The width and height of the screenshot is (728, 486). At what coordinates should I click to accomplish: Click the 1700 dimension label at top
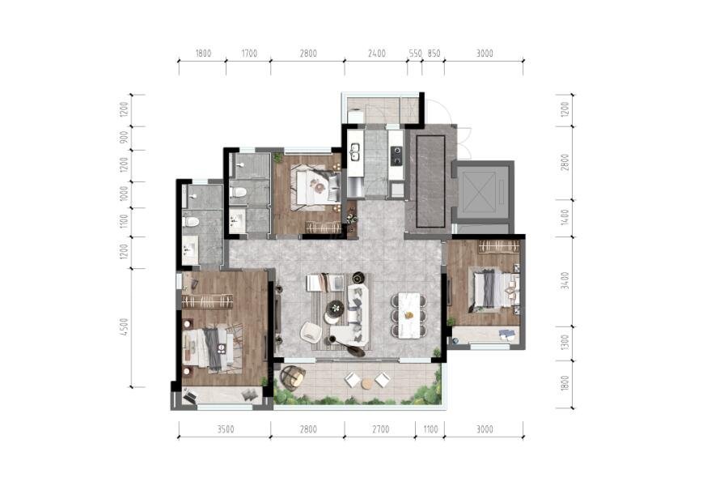[x=249, y=53]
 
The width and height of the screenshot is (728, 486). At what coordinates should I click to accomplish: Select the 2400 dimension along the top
[x=376, y=53]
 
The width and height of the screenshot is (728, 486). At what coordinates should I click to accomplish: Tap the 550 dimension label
[x=416, y=53]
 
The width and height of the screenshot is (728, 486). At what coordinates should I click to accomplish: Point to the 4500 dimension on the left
[x=124, y=327]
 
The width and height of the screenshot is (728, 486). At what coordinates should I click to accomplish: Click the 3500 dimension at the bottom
[x=226, y=429]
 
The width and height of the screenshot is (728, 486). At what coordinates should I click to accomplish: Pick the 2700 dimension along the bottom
[x=380, y=429]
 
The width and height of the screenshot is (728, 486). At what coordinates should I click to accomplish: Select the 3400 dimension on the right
[x=565, y=280]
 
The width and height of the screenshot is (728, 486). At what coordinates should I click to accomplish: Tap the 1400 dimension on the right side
[x=565, y=217]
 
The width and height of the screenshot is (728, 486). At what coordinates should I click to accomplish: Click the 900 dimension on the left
[x=124, y=137]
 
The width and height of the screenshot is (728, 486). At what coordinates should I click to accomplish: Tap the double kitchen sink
[x=355, y=151]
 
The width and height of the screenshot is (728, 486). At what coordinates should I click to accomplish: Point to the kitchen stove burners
[x=397, y=156]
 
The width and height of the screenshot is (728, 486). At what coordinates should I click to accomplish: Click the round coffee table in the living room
[x=334, y=308]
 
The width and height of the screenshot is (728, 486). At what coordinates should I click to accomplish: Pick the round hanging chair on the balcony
[x=294, y=377]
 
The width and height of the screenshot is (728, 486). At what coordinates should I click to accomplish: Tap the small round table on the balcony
[x=367, y=383]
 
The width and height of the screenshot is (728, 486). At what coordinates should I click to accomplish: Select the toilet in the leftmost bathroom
[x=190, y=222]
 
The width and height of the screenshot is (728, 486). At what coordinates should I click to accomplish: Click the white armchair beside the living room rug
[x=311, y=332]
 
